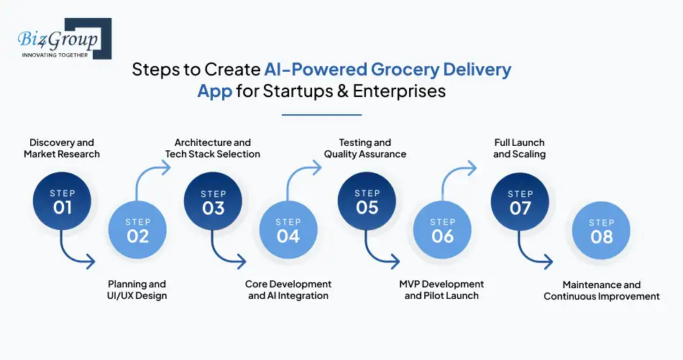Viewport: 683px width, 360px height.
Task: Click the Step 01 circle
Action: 63,203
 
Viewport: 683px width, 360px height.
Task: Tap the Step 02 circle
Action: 137,230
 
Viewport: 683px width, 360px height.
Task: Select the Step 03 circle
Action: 214,203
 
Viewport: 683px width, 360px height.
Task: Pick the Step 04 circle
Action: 288,230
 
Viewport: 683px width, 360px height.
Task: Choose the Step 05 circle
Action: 367,203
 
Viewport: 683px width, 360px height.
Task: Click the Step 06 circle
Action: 443,230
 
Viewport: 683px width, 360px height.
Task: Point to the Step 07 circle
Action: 521,203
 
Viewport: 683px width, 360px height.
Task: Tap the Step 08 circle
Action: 601,230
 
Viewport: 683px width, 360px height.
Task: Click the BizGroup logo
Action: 61,40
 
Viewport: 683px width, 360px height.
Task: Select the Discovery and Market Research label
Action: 62,148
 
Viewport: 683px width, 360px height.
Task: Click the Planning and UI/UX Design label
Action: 137,290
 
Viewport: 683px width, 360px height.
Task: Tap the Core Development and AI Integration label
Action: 288,290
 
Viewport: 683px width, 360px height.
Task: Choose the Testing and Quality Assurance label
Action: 365,148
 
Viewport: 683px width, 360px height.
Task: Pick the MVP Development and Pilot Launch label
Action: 442,290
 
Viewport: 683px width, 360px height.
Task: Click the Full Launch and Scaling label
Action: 519,148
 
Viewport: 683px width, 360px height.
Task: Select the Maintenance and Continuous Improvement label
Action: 602,290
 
